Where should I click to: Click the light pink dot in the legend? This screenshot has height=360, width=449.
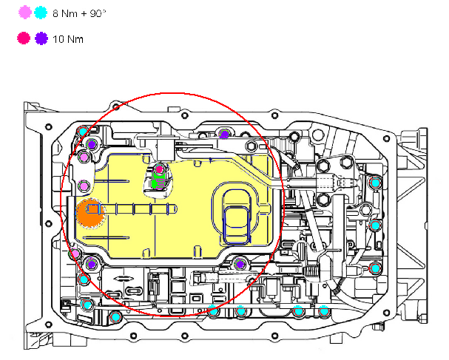26,13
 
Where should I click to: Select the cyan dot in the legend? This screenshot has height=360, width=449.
41,13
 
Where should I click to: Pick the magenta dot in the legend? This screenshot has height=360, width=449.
26,38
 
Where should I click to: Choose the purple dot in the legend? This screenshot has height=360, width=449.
41,38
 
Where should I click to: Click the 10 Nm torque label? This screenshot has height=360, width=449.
67,38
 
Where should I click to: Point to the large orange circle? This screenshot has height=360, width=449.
90,213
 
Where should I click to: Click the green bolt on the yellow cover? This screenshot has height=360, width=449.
158,182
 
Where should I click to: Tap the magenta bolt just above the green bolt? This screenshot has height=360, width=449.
158,169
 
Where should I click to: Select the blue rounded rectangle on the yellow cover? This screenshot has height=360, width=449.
237,219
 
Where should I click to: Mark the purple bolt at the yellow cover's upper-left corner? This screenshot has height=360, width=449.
90,143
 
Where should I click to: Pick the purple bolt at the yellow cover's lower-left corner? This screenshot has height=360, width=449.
90,264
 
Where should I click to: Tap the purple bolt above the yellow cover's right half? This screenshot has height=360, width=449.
224,134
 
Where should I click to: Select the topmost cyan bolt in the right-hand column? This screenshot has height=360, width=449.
375,182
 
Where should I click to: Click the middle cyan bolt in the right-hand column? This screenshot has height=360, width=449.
375,225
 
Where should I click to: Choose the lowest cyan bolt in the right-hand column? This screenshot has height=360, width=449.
375,268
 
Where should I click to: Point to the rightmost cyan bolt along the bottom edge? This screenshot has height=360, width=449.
323,310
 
